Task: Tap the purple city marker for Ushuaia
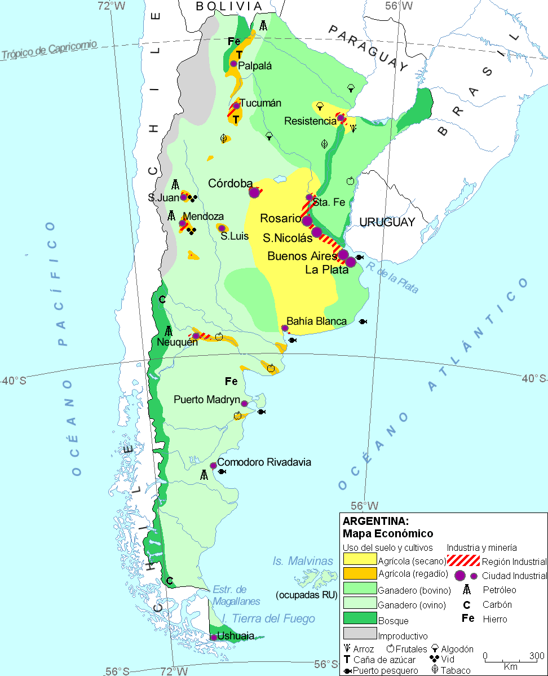[214, 637]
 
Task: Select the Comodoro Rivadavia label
[264, 462]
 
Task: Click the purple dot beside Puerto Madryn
[244, 404]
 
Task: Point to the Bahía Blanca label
[316, 321]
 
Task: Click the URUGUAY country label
[387, 222]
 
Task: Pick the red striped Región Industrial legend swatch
[463, 560]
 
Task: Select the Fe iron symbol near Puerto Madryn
[231, 382]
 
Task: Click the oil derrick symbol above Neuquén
[168, 332]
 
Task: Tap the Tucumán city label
[260, 103]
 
